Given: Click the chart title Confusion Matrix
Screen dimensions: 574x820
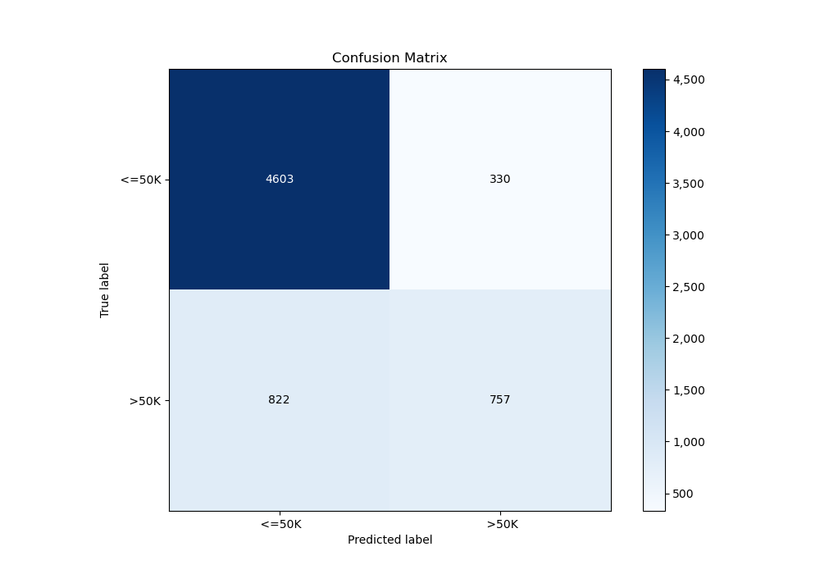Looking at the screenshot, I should pyautogui.click(x=389, y=58).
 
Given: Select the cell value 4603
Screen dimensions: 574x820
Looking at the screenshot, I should pyautogui.click(x=279, y=180).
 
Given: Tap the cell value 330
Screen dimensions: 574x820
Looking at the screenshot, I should pyautogui.click(x=499, y=180).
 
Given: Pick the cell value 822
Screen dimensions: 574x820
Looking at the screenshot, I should pyautogui.click(x=279, y=400).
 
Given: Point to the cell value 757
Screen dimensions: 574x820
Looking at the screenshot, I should pyautogui.click(x=499, y=400).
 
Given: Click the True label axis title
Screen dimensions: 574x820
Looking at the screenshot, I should pyautogui.click(x=105, y=290).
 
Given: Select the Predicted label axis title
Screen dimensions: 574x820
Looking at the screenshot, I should pyautogui.click(x=389, y=540).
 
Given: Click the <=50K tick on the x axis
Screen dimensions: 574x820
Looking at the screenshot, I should pyautogui.click(x=279, y=524).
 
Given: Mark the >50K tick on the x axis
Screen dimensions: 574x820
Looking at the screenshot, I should pyautogui.click(x=499, y=524).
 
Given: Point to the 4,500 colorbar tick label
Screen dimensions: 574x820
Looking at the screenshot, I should pyautogui.click(x=688, y=80).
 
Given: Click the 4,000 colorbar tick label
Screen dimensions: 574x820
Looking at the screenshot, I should pyautogui.click(x=688, y=131).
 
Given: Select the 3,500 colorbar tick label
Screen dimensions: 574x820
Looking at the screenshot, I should pyautogui.click(x=688, y=183).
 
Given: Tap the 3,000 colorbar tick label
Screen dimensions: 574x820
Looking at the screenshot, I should pyautogui.click(x=688, y=235).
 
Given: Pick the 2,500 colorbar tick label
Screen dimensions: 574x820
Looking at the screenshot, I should pyautogui.click(x=688, y=286).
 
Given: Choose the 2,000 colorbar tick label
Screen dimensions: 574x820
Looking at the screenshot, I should pyautogui.click(x=688, y=338).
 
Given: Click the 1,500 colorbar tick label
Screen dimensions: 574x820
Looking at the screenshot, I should pyautogui.click(x=688, y=389).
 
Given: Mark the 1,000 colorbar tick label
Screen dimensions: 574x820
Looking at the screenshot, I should pyautogui.click(x=688, y=441).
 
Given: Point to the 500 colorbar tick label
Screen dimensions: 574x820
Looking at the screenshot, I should pyautogui.click(x=682, y=493).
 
